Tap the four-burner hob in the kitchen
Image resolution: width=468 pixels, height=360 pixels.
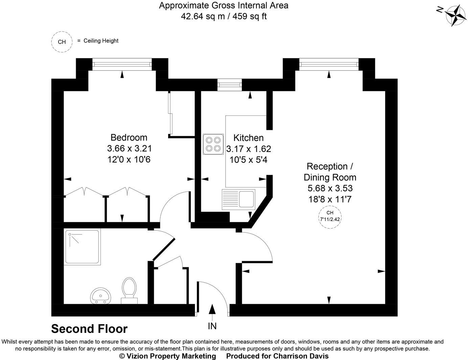pos(213,144)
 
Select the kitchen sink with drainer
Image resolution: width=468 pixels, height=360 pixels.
pos(238,199)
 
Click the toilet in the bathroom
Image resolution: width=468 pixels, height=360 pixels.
pos(129,288)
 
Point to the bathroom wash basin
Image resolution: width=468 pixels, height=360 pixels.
pos(100,295)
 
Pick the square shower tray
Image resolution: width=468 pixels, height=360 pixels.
pos(82,247)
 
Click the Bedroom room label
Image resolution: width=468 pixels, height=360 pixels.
pos(129,137)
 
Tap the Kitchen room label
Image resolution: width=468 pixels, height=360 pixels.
pos(249,138)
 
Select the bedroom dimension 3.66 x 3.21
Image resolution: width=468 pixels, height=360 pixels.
pos(129,148)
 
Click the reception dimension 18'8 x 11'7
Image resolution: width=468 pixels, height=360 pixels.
pos(330,199)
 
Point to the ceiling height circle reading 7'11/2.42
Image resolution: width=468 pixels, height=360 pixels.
pos(330,216)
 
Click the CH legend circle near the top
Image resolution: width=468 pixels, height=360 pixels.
pos(62,42)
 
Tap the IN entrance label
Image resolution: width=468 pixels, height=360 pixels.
pos(212,326)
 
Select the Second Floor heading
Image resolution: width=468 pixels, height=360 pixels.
pos(89,329)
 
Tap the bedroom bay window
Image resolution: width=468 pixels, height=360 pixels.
pos(122,64)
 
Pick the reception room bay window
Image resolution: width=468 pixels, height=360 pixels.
pos(329,64)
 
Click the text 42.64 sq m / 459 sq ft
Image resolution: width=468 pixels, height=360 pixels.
pos(224,16)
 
